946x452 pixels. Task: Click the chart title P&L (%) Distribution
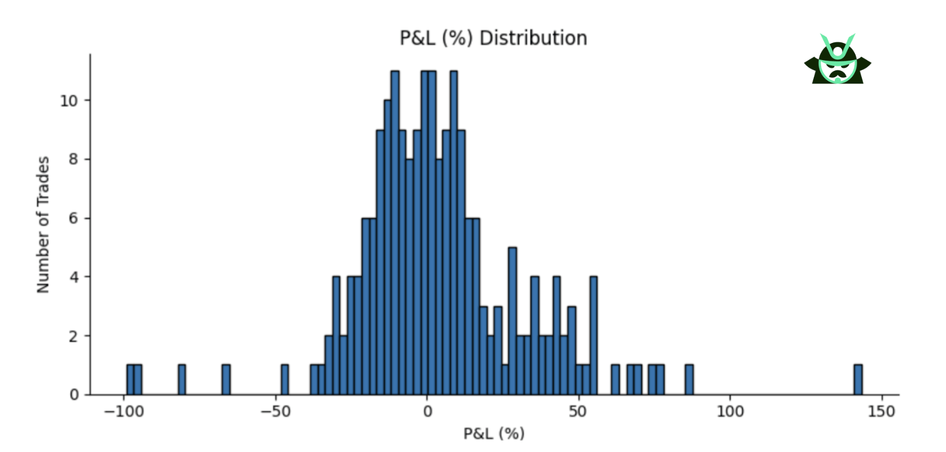point(493,38)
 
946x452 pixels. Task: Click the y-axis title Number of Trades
point(44,225)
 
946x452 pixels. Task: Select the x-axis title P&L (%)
point(494,434)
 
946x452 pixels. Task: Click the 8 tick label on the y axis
point(73,160)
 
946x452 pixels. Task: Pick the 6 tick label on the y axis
point(73,219)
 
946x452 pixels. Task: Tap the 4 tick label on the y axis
point(73,277)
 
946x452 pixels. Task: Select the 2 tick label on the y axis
point(73,336)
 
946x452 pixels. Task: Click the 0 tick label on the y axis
point(73,395)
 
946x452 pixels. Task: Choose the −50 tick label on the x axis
point(276,411)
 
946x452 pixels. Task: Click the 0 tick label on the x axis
point(427,411)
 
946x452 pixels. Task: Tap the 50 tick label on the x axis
point(578,411)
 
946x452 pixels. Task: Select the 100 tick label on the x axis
point(730,411)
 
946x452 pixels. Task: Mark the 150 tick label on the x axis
point(881,411)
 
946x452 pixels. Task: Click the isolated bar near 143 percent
point(858,380)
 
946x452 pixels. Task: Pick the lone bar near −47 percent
point(285,380)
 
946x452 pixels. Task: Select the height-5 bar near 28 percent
point(513,321)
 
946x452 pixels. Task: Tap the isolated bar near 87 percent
point(689,380)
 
